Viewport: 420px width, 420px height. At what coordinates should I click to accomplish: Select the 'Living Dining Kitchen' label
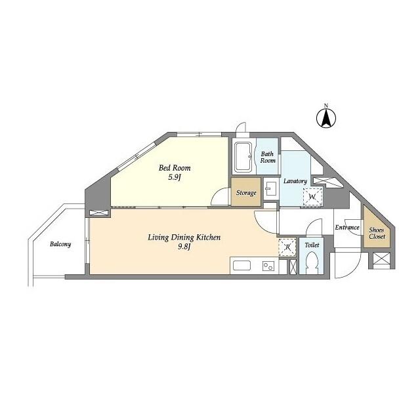pyautogui.click(x=184, y=237)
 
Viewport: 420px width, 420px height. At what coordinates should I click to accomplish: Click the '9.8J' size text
pyautogui.click(x=184, y=248)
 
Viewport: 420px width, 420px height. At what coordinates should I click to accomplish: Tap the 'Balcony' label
pyautogui.click(x=60, y=244)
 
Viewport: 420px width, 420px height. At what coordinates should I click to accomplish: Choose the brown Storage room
pyautogui.click(x=246, y=194)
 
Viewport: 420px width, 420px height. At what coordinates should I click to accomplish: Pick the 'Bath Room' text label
pyautogui.click(x=267, y=157)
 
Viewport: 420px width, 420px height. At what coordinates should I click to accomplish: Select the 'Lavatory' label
pyautogui.click(x=295, y=181)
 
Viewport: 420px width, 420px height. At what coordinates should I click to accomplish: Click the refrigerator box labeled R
pyautogui.click(x=286, y=247)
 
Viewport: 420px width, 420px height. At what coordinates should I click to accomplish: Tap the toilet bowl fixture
pyautogui.click(x=312, y=264)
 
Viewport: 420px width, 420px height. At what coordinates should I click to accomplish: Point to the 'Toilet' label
pyautogui.click(x=312, y=245)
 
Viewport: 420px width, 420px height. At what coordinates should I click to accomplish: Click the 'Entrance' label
pyautogui.click(x=347, y=228)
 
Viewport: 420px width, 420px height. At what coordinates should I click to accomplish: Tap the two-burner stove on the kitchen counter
pyautogui.click(x=268, y=266)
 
